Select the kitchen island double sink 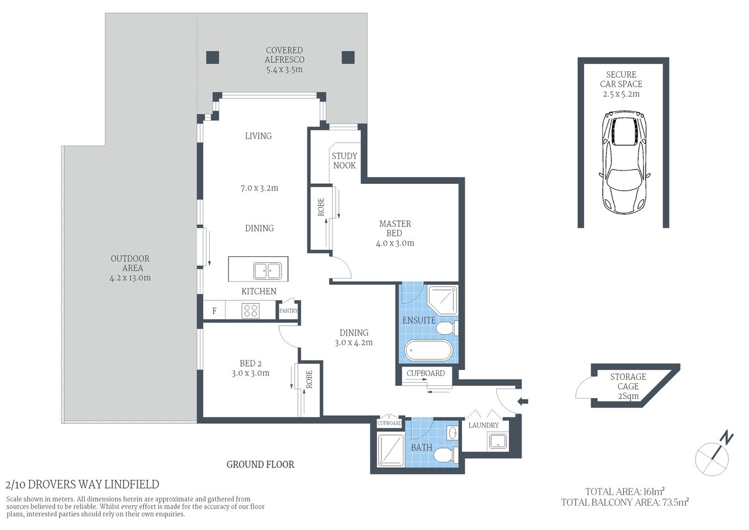coord(267,271)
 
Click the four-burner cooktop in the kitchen coord(250,311)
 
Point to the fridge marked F coord(215,311)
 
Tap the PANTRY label coord(288,311)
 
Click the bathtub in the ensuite coord(428,350)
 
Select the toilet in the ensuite coord(446,329)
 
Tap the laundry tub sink coord(498,441)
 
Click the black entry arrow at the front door coord(522,401)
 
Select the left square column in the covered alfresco coord(213,57)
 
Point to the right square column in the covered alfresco coord(348,57)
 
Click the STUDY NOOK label coord(344,161)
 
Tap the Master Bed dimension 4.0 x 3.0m coord(395,243)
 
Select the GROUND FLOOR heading coord(260,464)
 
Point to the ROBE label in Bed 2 coord(309,379)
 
